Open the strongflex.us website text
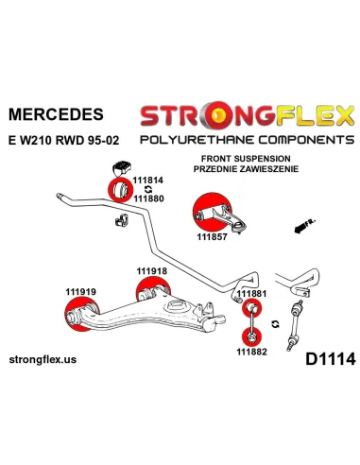pos(55,360)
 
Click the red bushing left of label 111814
pos(120,188)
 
